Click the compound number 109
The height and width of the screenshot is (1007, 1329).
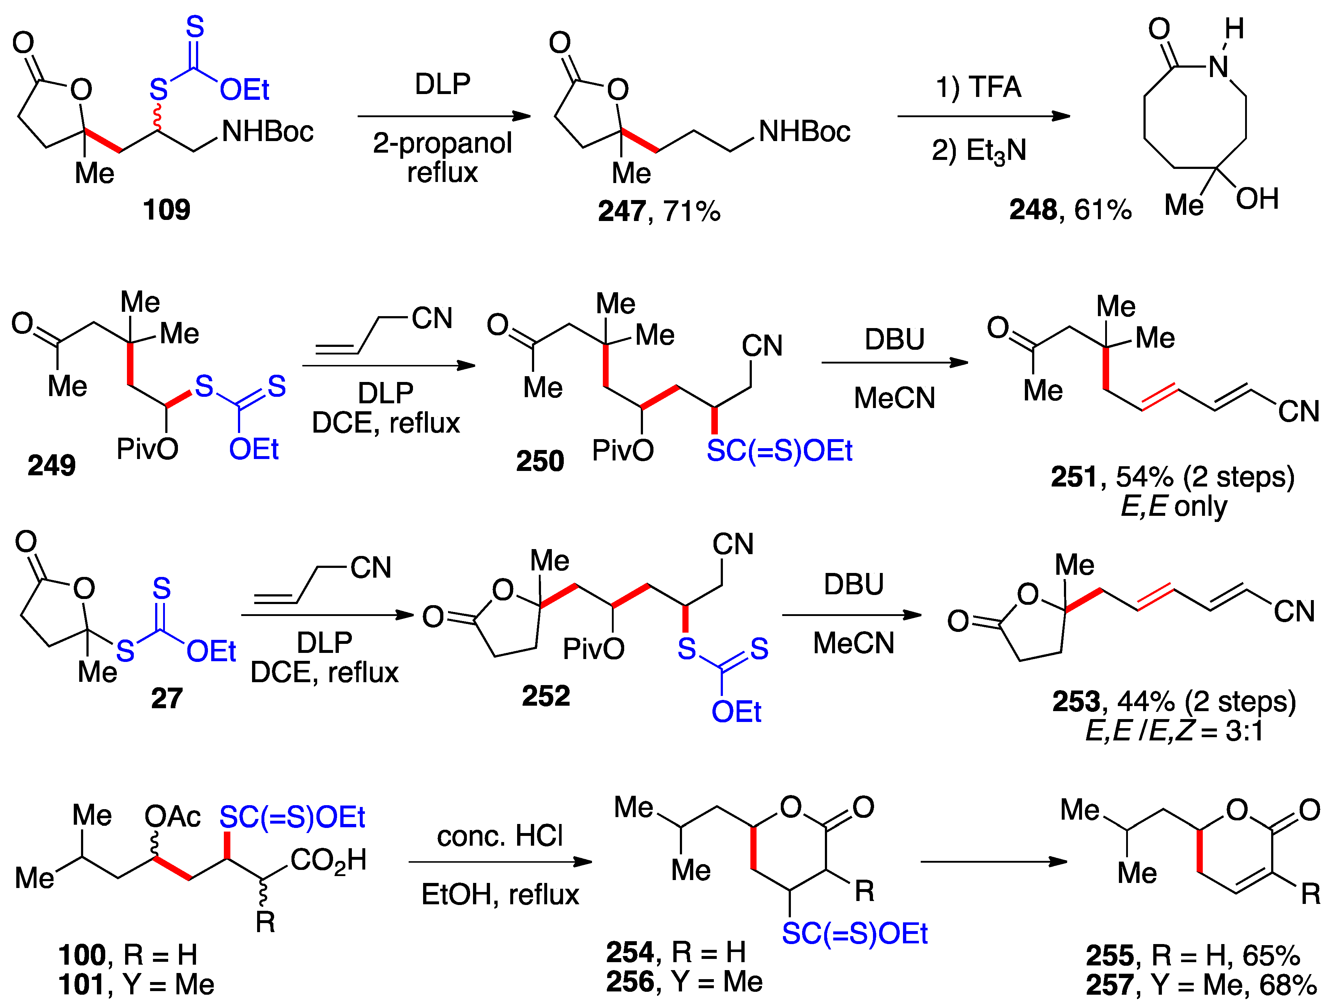pyautogui.click(x=166, y=210)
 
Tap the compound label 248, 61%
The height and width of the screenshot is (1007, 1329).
pyautogui.click(x=1070, y=210)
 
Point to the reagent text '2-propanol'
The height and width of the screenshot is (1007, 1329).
pyautogui.click(x=442, y=143)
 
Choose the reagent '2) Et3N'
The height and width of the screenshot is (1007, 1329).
pyautogui.click(x=979, y=150)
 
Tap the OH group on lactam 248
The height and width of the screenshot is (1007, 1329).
pyautogui.click(x=1257, y=199)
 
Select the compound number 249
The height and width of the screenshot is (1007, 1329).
pyautogui.click(x=52, y=465)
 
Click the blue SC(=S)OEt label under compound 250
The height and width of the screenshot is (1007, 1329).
pyautogui.click(x=779, y=451)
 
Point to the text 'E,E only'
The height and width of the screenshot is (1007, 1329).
pyautogui.click(x=1173, y=506)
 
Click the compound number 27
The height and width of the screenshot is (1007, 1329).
pyautogui.click(x=166, y=698)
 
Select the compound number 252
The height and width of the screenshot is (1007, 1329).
pyautogui.click(x=546, y=696)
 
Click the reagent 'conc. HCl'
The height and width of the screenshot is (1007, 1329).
pyautogui.click(x=500, y=836)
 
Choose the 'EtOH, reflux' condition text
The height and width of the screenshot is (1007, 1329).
pyautogui.click(x=500, y=894)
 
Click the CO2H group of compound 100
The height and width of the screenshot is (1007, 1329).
pyautogui.click(x=328, y=861)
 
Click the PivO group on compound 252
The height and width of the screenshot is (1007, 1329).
pyautogui.click(x=593, y=649)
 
